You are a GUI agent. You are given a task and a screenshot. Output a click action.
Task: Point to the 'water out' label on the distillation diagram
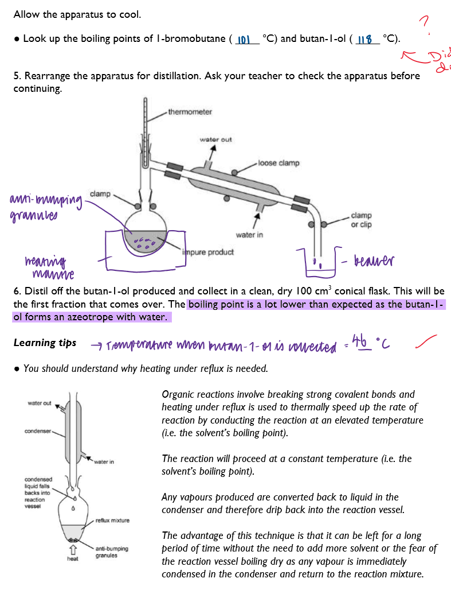point(215,139)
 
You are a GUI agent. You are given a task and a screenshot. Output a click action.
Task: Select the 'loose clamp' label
point(279,163)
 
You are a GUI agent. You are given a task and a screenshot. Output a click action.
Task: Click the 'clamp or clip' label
point(361,220)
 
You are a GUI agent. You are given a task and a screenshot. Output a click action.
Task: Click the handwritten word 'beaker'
point(375,262)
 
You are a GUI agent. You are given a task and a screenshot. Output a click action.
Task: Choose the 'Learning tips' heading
point(45,343)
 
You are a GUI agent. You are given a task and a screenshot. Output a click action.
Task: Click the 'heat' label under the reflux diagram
point(73,558)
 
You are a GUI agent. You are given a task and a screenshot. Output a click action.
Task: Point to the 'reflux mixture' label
point(112,521)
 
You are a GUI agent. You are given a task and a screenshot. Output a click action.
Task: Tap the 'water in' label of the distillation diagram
point(249,235)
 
